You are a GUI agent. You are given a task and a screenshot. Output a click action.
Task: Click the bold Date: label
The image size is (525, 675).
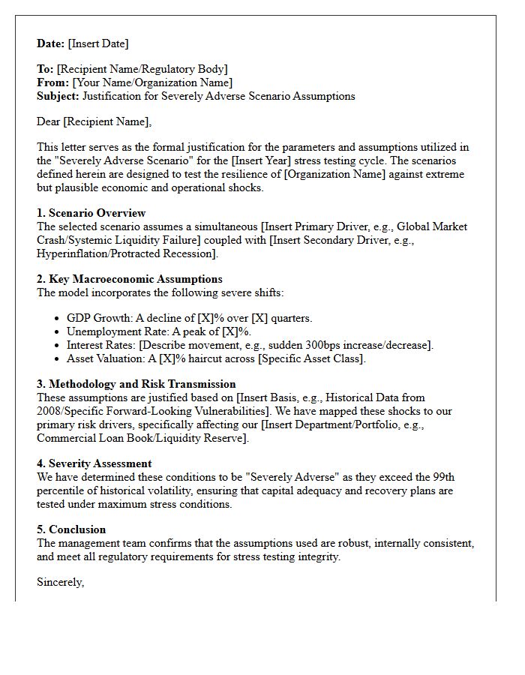click(51, 44)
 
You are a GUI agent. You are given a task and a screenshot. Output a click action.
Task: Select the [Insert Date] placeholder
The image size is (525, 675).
click(98, 44)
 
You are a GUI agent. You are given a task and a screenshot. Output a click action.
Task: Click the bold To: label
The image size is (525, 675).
click(45, 70)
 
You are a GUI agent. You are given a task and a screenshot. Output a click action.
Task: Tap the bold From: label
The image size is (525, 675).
click(52, 83)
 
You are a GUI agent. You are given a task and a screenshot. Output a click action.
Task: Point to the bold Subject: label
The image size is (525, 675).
click(58, 97)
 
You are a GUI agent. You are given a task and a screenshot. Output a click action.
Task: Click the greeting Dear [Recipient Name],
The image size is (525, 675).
click(94, 122)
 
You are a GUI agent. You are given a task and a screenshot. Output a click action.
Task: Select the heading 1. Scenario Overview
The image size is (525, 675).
click(91, 213)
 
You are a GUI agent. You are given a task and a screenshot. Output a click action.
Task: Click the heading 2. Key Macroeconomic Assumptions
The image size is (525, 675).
click(129, 280)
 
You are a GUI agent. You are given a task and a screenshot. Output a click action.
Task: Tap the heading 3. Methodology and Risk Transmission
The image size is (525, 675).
click(136, 385)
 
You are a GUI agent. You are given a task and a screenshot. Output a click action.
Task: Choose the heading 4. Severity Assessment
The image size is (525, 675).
click(94, 464)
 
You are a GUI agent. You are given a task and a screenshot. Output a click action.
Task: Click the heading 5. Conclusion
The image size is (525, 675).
click(71, 529)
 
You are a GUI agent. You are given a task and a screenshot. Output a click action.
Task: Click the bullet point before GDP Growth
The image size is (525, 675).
click(58, 319)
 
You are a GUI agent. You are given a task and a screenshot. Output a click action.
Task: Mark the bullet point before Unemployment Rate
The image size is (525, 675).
click(58, 332)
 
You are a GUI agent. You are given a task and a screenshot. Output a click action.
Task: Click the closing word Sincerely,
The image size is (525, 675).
click(60, 582)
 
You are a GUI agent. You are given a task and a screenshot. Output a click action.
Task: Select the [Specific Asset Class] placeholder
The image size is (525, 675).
click(311, 359)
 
